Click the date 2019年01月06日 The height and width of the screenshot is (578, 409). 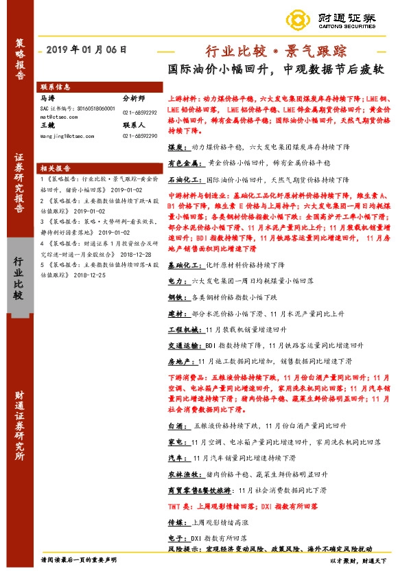coord(86,49)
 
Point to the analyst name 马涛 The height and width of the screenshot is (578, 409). coord(47,99)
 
